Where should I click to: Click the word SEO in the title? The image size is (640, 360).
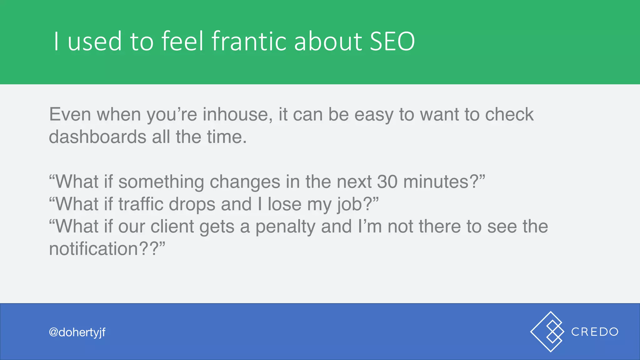(x=392, y=41)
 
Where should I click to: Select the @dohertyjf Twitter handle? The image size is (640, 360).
(x=77, y=332)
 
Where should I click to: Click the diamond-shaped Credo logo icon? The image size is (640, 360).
(x=547, y=332)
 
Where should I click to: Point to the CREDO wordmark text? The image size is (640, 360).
(x=595, y=332)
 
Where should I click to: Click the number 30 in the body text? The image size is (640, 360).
(x=387, y=182)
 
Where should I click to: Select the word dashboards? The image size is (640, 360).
(x=97, y=137)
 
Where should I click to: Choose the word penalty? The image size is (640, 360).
(x=285, y=227)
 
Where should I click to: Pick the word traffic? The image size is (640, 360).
(x=141, y=204)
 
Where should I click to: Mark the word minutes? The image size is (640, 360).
(x=436, y=182)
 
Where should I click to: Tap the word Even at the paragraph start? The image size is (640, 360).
(x=70, y=114)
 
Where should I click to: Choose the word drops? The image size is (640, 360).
(x=192, y=205)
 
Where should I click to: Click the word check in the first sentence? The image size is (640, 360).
(x=509, y=114)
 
